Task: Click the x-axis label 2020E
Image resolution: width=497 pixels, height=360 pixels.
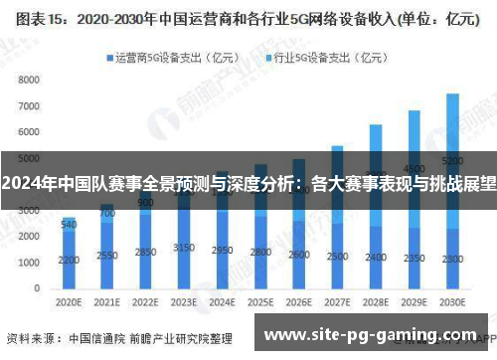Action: point(69,301)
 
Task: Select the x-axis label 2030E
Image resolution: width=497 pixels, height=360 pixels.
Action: point(452,301)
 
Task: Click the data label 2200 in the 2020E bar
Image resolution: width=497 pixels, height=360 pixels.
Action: point(69,261)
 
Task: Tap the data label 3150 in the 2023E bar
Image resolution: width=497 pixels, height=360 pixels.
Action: point(183,247)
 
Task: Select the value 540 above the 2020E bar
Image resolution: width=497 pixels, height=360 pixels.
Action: point(69,225)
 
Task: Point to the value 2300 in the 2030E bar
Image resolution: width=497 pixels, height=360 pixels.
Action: point(452,260)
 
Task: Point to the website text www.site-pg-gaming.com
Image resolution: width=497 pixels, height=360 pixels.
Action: point(363,331)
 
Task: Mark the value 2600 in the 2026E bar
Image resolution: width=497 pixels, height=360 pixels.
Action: point(299,255)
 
